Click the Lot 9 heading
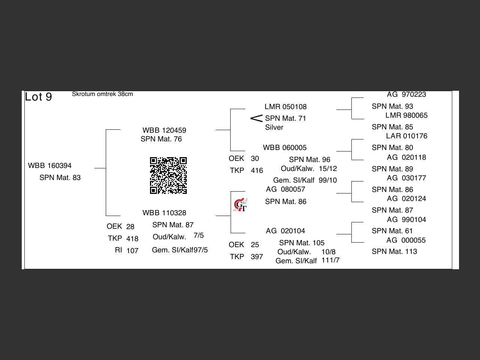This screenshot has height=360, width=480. [38, 97]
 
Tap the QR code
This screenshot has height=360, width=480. [168, 175]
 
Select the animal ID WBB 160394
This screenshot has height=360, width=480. [50, 166]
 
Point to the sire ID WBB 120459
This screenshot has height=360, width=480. [164, 130]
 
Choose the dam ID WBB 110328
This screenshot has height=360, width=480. [164, 213]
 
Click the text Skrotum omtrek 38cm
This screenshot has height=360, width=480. [102, 94]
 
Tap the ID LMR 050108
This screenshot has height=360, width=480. [285, 107]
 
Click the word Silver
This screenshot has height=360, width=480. [274, 127]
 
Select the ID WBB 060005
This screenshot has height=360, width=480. [285, 148]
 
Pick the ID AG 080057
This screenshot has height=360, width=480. [285, 189]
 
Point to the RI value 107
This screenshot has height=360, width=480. [132, 251]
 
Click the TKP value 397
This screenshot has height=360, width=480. [257, 257]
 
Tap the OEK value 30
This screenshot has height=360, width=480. [255, 159]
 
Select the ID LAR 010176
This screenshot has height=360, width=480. [406, 136]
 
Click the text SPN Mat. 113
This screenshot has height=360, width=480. [394, 252]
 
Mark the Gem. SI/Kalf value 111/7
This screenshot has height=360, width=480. [330, 260]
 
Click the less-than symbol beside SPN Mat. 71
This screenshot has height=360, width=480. [256, 118]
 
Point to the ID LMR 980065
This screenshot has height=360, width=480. [406, 115]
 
